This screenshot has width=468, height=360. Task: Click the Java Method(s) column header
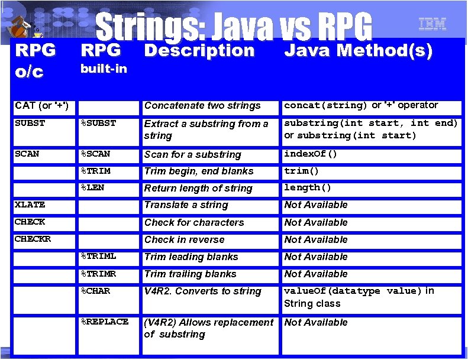pyautogui.click(x=359, y=51)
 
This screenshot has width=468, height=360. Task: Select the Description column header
pyautogui.click(x=199, y=51)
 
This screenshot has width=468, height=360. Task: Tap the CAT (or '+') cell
pyautogui.click(x=42, y=106)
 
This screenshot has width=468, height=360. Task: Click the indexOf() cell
pyautogui.click(x=311, y=154)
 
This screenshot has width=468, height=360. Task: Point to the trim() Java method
pyautogui.click(x=302, y=171)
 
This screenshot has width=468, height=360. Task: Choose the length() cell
pyautogui.click(x=308, y=187)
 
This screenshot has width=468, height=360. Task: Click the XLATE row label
pyautogui.click(x=30, y=205)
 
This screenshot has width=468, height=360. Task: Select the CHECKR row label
pyautogui.click(x=33, y=239)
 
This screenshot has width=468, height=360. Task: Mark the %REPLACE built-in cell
pyautogui.click(x=105, y=322)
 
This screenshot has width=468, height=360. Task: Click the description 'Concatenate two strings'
pyautogui.click(x=202, y=106)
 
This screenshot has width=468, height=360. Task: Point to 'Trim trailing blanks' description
pyautogui.click(x=190, y=274)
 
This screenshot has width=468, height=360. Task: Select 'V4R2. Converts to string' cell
pyautogui.click(x=202, y=291)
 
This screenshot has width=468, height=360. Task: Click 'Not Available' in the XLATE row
pyautogui.click(x=316, y=205)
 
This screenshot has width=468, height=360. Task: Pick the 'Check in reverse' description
pyautogui.click(x=184, y=239)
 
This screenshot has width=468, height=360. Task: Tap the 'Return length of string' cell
pyautogui.click(x=198, y=188)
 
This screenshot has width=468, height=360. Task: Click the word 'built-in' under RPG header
pyautogui.click(x=104, y=69)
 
